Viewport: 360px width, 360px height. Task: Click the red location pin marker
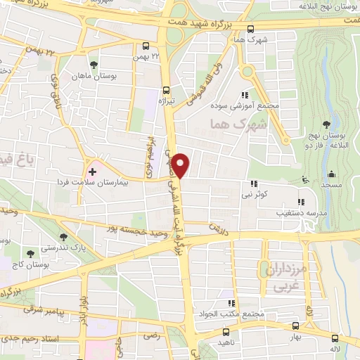182,165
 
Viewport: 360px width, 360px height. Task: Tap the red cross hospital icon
92,172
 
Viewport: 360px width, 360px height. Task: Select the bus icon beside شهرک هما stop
251,29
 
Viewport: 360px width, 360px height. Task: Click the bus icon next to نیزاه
166,90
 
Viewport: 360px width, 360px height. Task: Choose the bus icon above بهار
295,326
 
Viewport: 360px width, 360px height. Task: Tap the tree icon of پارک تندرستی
63,238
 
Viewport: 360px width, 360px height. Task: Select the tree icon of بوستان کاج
30,253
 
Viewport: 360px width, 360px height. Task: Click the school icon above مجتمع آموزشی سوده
245,95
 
